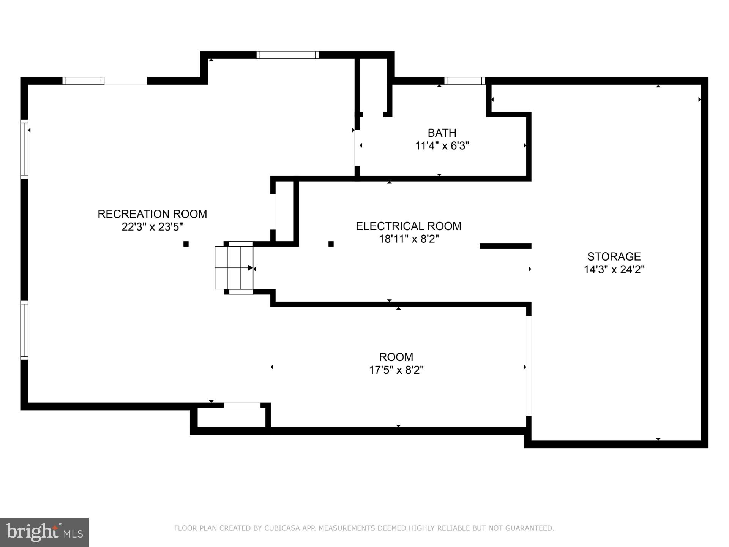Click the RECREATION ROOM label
tap(152, 214)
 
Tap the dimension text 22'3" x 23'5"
tap(152, 227)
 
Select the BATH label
tap(442, 133)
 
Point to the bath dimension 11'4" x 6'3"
tap(442, 146)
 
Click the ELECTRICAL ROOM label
tap(409, 226)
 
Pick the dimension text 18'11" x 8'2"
tap(409, 239)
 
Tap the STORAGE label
tap(614, 256)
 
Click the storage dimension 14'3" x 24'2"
tap(614, 270)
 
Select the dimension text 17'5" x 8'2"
tap(396, 370)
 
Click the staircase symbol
tap(234, 268)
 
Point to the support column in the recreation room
tap(186, 244)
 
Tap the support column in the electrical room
tap(331, 244)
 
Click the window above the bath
tap(464, 81)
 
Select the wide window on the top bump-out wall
tap(288, 55)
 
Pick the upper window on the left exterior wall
tap(24, 149)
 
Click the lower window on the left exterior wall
tap(24, 330)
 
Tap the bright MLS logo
tap(44, 532)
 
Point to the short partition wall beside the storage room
tap(505, 246)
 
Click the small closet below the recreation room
tap(231, 417)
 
